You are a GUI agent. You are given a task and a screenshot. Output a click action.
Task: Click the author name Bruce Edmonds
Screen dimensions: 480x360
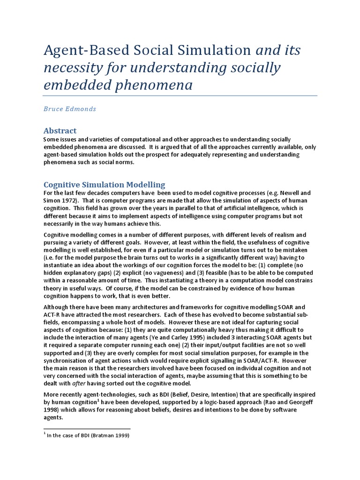[x=69, y=109]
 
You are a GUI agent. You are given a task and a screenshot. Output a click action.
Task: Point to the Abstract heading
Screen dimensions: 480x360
[x=60, y=130]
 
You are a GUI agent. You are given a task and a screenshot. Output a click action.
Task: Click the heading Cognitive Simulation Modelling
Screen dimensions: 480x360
[x=104, y=185]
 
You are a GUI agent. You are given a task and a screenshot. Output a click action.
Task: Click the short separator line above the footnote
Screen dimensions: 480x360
[x=87, y=428]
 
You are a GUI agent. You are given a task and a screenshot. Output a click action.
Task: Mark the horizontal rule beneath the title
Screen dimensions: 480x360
[x=180, y=96]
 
